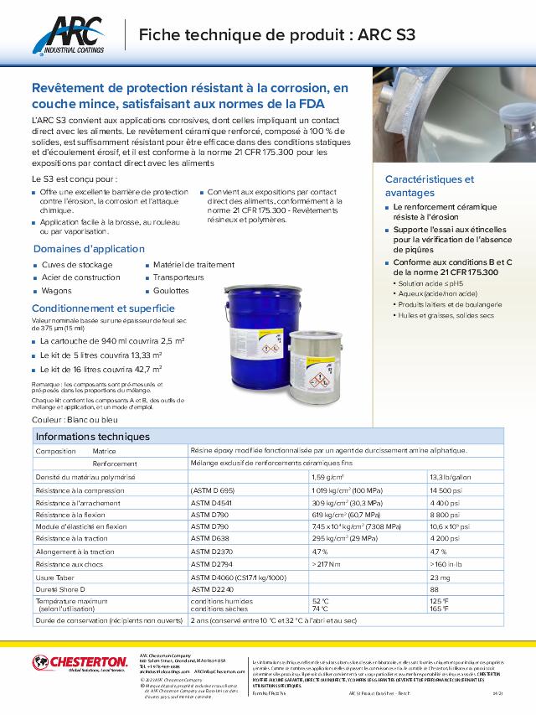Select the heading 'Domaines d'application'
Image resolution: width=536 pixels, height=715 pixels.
[x=78, y=249]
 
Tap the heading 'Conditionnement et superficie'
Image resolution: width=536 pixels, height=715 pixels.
[x=97, y=308]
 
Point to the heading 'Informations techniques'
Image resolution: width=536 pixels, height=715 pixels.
[x=93, y=437]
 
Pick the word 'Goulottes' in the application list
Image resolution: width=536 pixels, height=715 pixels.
[x=171, y=290]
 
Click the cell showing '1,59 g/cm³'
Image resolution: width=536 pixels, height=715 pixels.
[x=328, y=476]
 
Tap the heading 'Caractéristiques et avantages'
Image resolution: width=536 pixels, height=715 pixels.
[x=429, y=185]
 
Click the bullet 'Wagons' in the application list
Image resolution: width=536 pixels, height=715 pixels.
[x=56, y=290]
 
